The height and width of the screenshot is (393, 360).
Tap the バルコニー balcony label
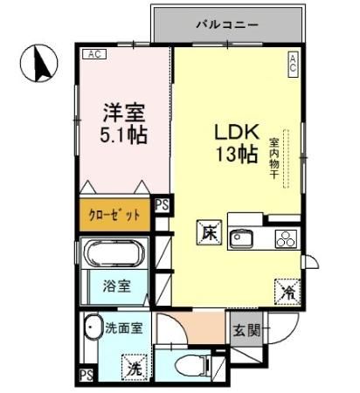tap(225, 24)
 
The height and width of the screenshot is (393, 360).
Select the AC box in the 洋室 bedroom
tap(93, 53)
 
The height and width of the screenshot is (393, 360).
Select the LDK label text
tap(236, 134)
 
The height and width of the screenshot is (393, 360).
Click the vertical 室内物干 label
tap(273, 157)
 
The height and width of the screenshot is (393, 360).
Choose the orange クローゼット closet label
tap(114, 215)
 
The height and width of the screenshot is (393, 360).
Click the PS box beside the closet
tap(162, 206)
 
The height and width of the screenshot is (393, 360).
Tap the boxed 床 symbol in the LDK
tap(206, 234)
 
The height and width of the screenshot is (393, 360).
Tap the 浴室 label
tap(119, 285)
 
